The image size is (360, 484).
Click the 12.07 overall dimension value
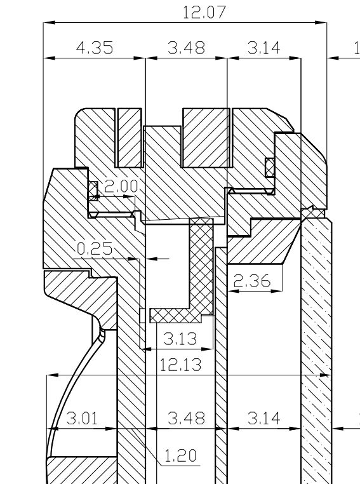[x=204, y=12]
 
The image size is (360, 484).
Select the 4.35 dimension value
[x=95, y=48]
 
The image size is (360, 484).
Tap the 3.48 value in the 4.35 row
[x=186, y=48]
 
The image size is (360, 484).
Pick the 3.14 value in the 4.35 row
[x=263, y=48]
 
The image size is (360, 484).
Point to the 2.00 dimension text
[x=121, y=186]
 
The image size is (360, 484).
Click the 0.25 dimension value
[x=95, y=248]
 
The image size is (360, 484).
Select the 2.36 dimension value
[x=252, y=281]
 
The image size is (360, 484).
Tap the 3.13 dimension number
[x=180, y=339]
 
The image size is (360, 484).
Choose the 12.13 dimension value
[x=181, y=365]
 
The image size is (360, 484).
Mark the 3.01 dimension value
[x=82, y=419]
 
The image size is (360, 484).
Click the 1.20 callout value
[x=180, y=455]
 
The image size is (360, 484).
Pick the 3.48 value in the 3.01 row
[x=186, y=419]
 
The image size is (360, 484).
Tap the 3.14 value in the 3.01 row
[x=263, y=419]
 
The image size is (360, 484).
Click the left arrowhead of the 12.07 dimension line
[x=50, y=22]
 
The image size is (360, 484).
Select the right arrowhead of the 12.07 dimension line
[x=321, y=22]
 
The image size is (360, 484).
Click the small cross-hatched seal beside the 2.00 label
[x=93, y=191]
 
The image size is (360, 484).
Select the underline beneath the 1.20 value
[x=180, y=465]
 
